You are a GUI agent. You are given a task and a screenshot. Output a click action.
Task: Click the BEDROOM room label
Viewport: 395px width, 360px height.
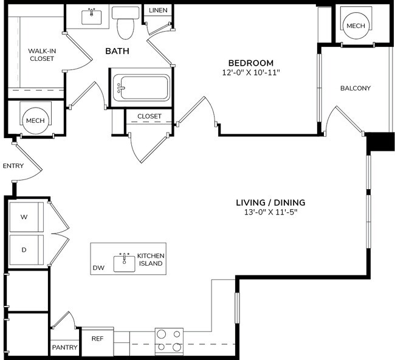250,63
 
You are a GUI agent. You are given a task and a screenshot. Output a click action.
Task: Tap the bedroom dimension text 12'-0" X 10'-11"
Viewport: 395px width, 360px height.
250,72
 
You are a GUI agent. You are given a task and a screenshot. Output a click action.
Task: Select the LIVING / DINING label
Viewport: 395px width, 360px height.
270,202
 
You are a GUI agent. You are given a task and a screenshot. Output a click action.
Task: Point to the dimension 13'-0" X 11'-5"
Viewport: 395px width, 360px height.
270,212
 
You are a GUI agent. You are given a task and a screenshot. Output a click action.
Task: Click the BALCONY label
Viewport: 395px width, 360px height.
355,88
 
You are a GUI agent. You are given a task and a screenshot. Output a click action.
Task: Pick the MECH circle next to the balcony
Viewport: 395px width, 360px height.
355,26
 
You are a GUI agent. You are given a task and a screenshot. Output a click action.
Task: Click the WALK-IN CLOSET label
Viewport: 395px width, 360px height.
41,55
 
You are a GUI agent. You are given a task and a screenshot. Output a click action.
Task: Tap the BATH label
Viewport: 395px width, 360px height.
117,52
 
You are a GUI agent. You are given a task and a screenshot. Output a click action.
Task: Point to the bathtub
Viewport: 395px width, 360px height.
141,89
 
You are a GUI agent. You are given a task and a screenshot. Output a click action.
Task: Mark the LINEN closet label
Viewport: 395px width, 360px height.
158,10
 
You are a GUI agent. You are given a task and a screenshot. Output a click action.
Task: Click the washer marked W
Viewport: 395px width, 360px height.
25,217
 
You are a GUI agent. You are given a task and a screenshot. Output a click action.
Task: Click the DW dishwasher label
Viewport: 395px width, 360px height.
98,268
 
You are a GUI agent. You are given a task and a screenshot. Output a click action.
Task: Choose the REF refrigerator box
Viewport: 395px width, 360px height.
97,339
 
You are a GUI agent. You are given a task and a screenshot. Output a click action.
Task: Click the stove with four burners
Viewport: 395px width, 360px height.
169,341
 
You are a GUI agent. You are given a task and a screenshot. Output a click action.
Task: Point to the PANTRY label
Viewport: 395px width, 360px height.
64,348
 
